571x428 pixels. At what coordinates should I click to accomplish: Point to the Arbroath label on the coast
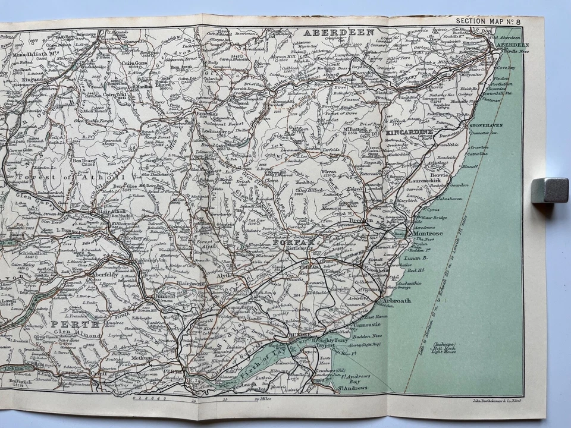[x=396, y=301]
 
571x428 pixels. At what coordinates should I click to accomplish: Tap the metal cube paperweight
[x=550, y=190]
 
